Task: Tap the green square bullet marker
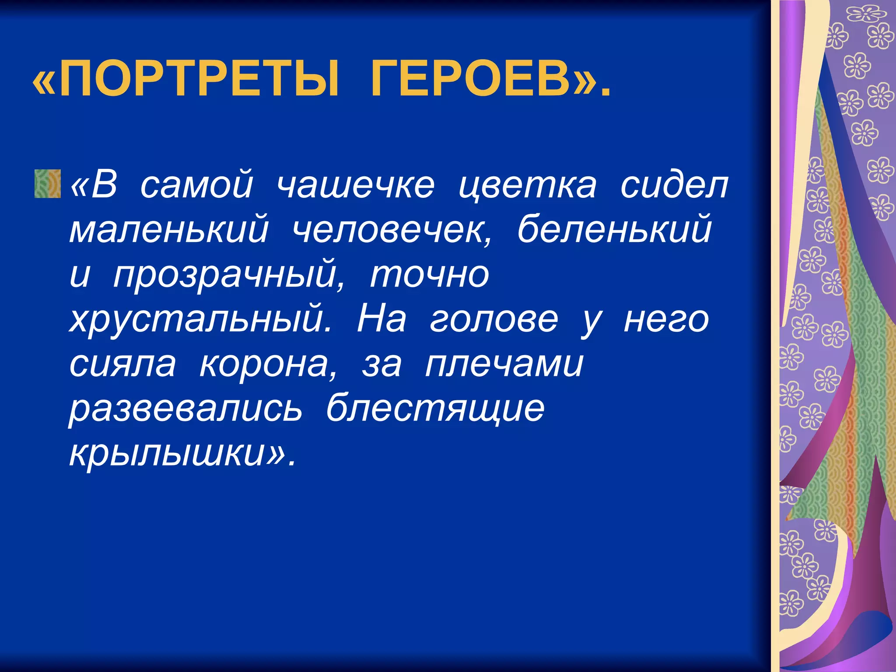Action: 47,184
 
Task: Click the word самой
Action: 196,185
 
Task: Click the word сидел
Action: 674,185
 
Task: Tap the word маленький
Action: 169,230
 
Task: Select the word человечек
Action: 391,230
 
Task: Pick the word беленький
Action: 614,230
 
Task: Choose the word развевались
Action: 185,409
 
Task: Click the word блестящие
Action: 435,409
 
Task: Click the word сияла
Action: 122,365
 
